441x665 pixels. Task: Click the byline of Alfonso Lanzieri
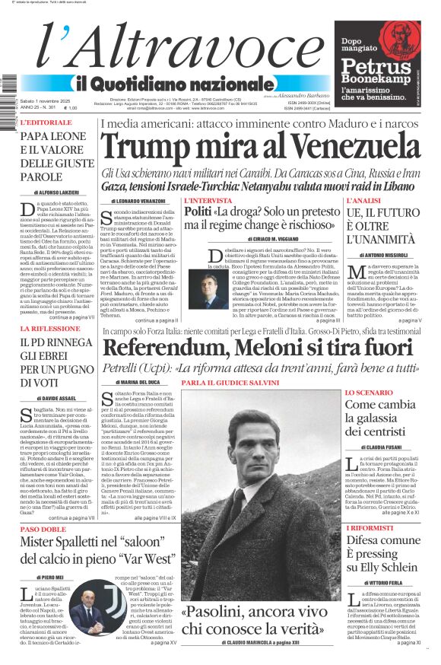55,193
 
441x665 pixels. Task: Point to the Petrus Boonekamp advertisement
378,63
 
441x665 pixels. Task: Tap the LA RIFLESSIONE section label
49,329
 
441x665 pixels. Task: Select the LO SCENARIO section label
369,393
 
